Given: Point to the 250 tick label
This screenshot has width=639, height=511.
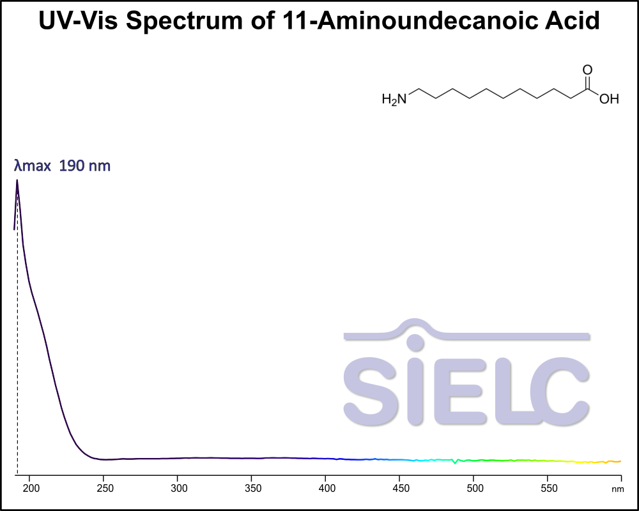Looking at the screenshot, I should click(x=104, y=489).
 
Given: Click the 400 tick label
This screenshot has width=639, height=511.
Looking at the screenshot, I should click(x=326, y=489).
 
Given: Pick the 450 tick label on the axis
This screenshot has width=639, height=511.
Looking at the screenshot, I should click(x=399, y=489).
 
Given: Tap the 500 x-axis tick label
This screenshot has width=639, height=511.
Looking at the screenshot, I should click(x=473, y=489).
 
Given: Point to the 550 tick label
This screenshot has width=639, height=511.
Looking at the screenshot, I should click(x=547, y=489).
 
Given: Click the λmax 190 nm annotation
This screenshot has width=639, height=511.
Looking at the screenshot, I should click(x=63, y=166).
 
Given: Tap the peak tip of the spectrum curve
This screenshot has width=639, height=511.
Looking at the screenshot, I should click(x=17, y=181).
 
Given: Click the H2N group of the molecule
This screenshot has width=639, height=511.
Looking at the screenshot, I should click(x=394, y=99).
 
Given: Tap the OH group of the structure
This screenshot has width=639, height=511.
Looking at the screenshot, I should click(x=609, y=99).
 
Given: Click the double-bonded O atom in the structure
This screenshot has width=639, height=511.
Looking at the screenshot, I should click(x=587, y=70).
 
